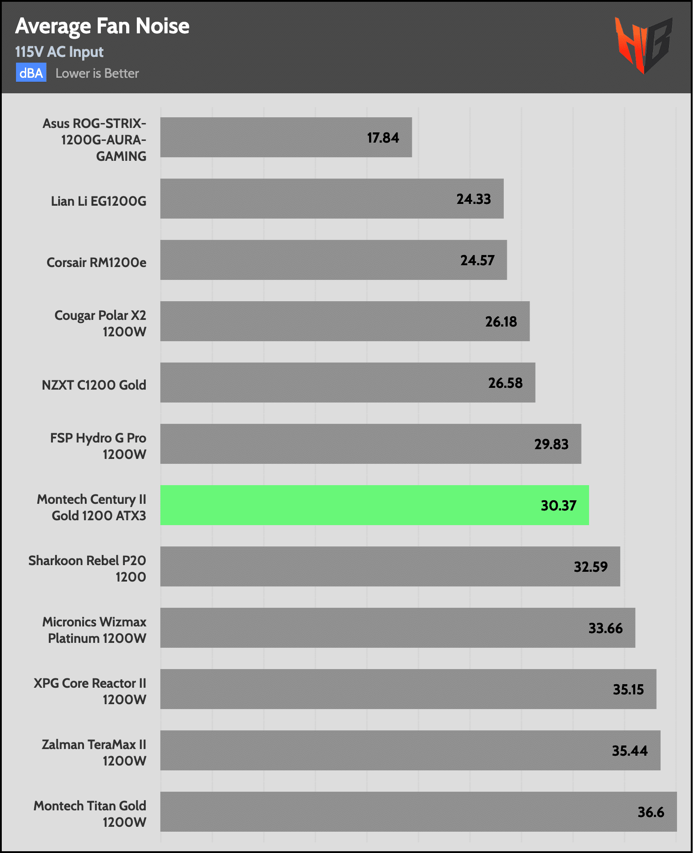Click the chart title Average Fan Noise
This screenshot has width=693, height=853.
point(102,26)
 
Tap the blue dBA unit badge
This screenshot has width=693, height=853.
point(31,73)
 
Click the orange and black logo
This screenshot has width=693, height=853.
point(644,45)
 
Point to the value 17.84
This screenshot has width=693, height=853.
point(383,138)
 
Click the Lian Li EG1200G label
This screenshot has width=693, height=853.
point(99,201)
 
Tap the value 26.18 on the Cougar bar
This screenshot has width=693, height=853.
point(501,322)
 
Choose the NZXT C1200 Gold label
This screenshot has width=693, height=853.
point(94,385)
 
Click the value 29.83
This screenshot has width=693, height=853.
point(551,444)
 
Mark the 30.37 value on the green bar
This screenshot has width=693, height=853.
point(558,506)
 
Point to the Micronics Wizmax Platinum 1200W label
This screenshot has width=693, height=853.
point(95,630)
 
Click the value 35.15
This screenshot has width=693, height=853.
point(628,690)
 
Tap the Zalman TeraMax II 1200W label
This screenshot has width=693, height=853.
point(94,753)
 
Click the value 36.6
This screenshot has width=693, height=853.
point(651,812)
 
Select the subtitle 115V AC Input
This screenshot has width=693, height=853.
point(59,52)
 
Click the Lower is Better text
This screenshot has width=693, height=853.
point(97,73)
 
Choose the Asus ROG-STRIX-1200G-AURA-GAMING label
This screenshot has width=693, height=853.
point(95,140)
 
